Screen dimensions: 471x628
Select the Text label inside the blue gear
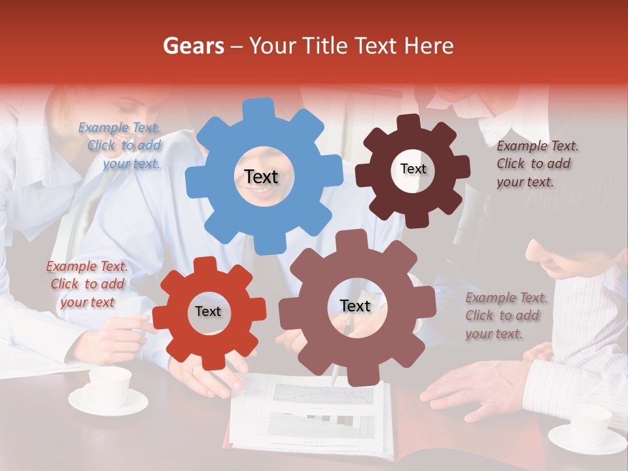tap(261, 177)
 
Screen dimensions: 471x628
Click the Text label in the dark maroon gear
tap(413, 169)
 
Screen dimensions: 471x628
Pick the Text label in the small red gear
tap(208, 312)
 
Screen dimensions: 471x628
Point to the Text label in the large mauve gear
tap(355, 305)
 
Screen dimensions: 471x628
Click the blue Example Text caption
tap(119, 146)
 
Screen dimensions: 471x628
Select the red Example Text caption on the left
tap(87, 284)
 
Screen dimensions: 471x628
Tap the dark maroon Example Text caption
tap(537, 164)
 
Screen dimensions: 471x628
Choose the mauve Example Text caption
tap(506, 315)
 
